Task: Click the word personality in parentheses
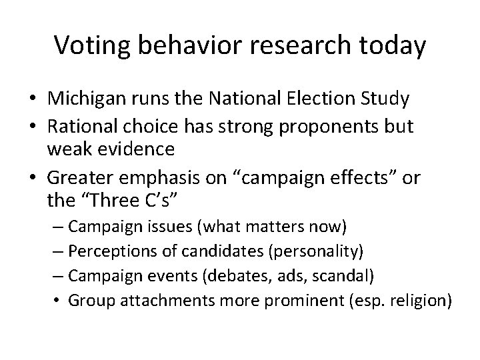coord(319,253)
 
